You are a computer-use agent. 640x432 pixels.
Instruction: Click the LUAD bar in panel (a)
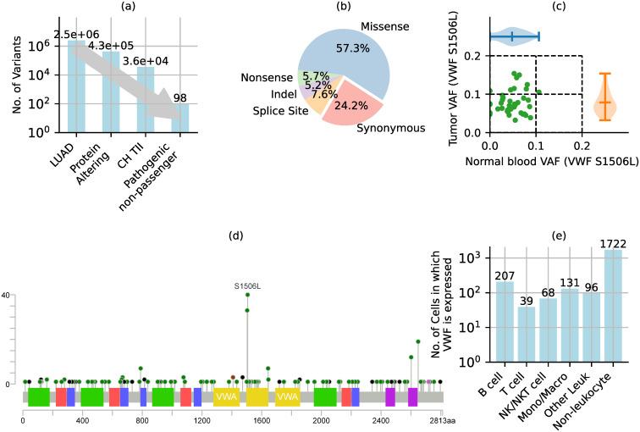click(76, 86)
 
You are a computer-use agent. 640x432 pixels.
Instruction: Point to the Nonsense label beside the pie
click(267, 76)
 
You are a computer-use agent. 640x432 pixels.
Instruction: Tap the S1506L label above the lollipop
click(247, 262)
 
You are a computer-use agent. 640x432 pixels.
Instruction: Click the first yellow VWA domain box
click(225, 396)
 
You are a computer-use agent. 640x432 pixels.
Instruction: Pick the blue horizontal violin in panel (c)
click(513, 36)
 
